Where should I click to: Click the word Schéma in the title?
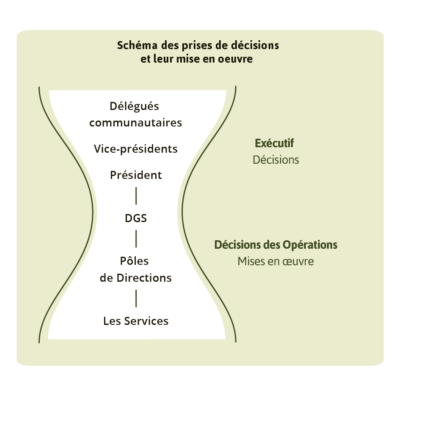[135, 45]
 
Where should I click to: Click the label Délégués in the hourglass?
[135, 106]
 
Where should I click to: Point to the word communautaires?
[136, 123]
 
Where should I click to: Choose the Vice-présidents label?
[136, 149]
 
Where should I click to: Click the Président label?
[136, 175]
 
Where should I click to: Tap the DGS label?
[136, 219]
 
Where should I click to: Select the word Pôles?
[135, 261]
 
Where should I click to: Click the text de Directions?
[136, 278]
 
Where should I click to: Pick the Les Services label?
[136, 321]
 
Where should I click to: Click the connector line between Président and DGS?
[136, 195]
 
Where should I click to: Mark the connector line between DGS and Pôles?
[136, 239]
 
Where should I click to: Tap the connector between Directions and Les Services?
[136, 298]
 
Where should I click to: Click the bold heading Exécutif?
[275, 143]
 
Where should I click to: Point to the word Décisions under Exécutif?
[276, 160]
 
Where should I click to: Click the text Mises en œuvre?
[276, 261]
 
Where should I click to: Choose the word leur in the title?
[162, 59]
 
